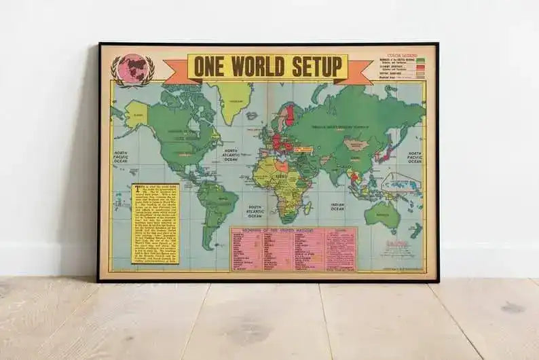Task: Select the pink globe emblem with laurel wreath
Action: pos(132,70)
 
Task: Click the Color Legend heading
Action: pos(402,54)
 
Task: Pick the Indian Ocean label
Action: pos(338,206)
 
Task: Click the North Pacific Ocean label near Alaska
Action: pos(121,158)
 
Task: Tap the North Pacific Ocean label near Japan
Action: pos(415,158)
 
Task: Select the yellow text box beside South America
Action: pos(155,223)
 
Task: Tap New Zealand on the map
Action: pos(415,231)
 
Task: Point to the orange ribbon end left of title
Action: pos(175,72)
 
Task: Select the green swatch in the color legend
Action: pos(420,61)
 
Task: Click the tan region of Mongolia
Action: pos(356,144)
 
